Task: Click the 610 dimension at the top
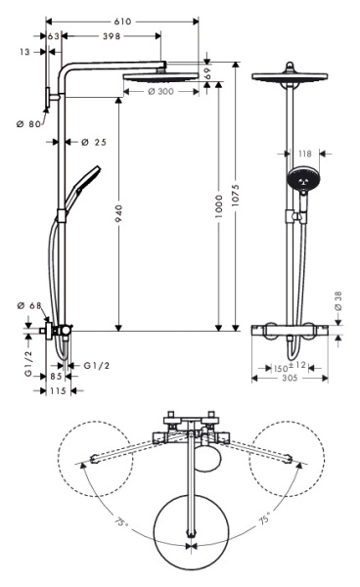coord(121,20)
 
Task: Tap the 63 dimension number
coord(55,35)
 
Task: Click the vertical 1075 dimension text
coord(234,201)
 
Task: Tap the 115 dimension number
coord(58,389)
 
